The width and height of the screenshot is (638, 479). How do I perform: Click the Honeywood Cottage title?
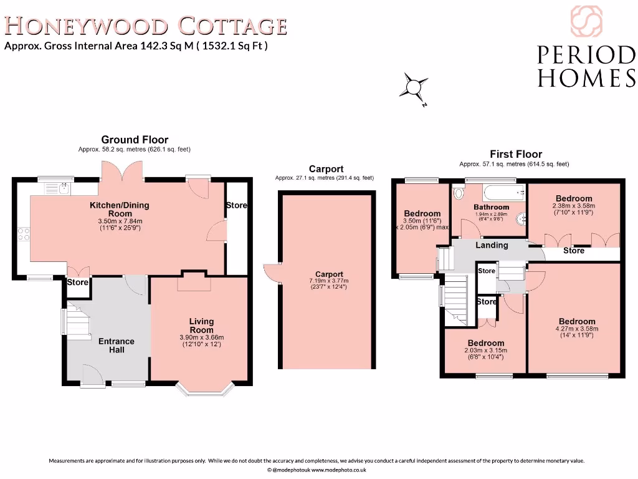146,26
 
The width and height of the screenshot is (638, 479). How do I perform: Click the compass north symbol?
414,87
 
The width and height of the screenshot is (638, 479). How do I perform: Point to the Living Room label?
201,326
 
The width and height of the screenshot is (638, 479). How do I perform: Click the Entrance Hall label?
117,346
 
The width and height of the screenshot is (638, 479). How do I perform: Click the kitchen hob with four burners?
24,234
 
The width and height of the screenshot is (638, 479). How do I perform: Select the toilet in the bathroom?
459,192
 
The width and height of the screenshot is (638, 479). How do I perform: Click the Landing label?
492,245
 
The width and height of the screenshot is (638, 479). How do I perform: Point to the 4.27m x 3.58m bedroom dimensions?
577,329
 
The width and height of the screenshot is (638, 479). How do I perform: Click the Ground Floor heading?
135,140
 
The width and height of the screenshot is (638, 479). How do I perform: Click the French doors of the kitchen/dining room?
123,172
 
